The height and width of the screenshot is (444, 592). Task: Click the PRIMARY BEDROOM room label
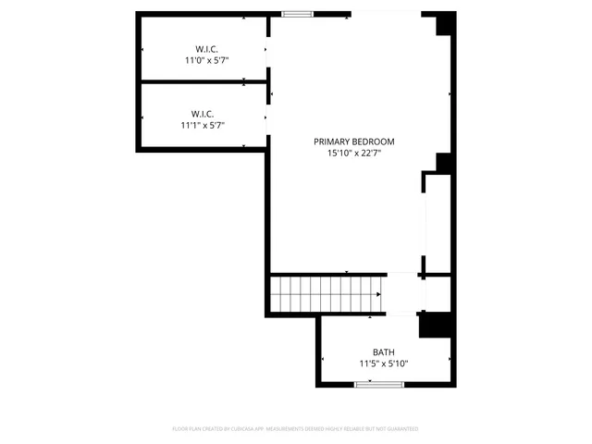pos(353,142)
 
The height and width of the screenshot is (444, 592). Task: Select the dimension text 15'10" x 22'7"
pos(353,154)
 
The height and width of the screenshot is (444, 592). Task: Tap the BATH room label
pos(384,352)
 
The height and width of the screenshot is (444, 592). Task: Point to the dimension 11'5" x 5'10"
pos(384,364)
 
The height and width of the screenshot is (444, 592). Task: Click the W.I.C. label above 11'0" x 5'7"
pos(205,48)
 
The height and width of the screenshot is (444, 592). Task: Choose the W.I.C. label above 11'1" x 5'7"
pos(203,113)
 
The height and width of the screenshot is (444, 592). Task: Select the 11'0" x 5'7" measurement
pos(205,60)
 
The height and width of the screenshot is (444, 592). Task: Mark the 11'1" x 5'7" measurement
pos(203,125)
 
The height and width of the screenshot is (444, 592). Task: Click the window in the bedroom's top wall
pos(297,14)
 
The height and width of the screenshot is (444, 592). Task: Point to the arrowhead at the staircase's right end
pos(379,295)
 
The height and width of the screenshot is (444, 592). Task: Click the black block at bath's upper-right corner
pos(433,326)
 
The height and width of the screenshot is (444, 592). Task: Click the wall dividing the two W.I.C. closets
pos(203,83)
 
